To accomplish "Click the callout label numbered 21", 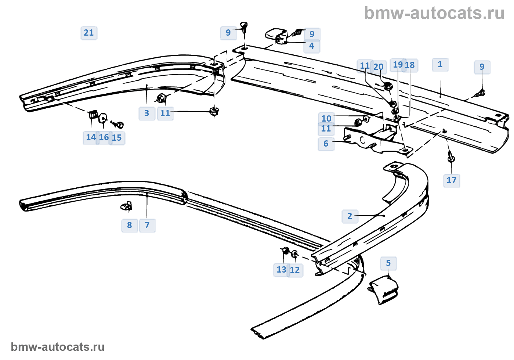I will (x=89, y=33).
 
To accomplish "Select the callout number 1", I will (x=440, y=65).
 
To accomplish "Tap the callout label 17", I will (x=451, y=180).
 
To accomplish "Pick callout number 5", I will (x=388, y=263).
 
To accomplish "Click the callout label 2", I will (x=350, y=216).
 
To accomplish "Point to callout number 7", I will (x=147, y=225).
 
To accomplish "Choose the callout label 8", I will (x=130, y=225).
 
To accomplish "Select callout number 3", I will (x=147, y=113).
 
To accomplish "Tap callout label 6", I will (x=326, y=144).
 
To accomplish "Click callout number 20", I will (x=379, y=67).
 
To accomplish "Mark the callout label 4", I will (x=312, y=46).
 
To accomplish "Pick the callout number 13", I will (x=281, y=270).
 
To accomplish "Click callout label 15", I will (x=117, y=138).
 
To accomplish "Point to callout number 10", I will (x=326, y=119).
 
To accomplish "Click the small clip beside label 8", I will (x=127, y=206).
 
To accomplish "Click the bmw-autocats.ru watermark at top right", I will (x=434, y=13).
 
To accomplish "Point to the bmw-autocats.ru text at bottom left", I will (x=58, y=347).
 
